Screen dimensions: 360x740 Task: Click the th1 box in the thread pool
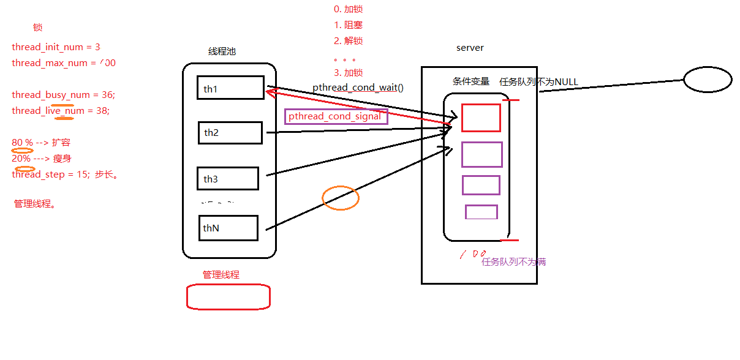[x=230, y=88]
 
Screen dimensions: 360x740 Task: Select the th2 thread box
[x=230, y=133]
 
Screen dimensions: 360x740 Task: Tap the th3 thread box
[x=228, y=178]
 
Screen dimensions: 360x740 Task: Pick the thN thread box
[x=228, y=228]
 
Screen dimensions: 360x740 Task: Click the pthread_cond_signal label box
[x=336, y=116]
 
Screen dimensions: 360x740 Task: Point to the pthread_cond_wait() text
[x=358, y=88]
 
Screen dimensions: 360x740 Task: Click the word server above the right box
[x=470, y=48]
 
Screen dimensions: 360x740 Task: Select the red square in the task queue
[x=481, y=118]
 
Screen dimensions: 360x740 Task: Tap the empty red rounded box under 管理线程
[x=228, y=297]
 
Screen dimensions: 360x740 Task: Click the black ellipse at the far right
[x=708, y=80]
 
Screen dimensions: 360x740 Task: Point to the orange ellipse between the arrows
[x=341, y=198]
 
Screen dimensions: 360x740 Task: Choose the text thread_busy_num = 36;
[x=63, y=95]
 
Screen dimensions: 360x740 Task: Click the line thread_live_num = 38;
[x=60, y=111]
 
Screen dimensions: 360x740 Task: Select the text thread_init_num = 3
[x=56, y=47]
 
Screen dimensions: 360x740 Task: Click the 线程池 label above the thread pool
[x=222, y=51]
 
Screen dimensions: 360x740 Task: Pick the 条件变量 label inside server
[x=471, y=81]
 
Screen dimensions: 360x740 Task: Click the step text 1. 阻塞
[x=348, y=25]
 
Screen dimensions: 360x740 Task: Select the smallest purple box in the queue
[x=481, y=212]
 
